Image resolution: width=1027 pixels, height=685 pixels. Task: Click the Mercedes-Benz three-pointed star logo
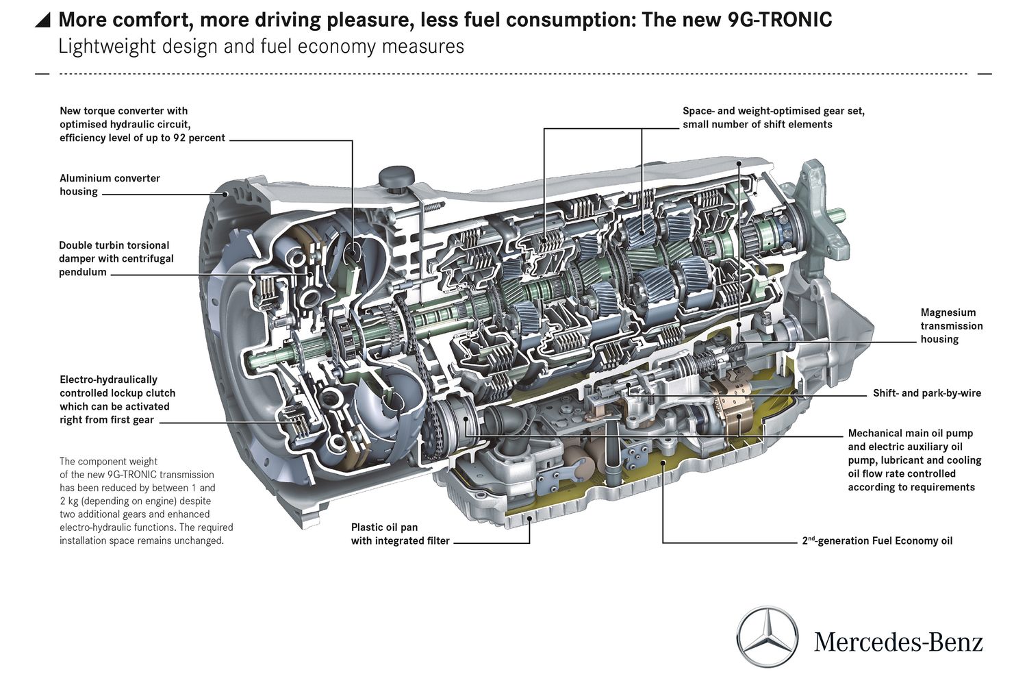[x=768, y=637]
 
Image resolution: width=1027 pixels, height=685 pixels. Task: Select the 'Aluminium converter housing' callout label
[x=110, y=185]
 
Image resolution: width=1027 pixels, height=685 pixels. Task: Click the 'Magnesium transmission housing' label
[x=951, y=326]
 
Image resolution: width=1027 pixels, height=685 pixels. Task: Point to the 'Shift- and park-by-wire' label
[x=926, y=393]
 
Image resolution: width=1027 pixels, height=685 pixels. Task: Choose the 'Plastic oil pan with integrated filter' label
[x=400, y=534]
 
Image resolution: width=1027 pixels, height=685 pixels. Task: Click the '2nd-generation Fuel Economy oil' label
[x=877, y=540]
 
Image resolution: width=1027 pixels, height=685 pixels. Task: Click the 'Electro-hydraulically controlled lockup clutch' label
[x=117, y=399]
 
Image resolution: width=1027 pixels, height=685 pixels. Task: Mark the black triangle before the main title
[x=42, y=20]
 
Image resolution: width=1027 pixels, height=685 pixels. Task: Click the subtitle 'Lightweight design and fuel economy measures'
[x=261, y=47]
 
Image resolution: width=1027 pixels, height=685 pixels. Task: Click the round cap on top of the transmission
[x=396, y=176]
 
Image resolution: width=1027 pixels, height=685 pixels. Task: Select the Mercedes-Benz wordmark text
[x=898, y=643]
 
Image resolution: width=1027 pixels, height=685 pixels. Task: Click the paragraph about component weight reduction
[x=146, y=501]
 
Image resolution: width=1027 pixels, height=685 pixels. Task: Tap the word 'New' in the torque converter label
[x=71, y=111]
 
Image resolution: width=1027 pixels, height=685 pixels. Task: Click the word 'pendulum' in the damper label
[x=83, y=272]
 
